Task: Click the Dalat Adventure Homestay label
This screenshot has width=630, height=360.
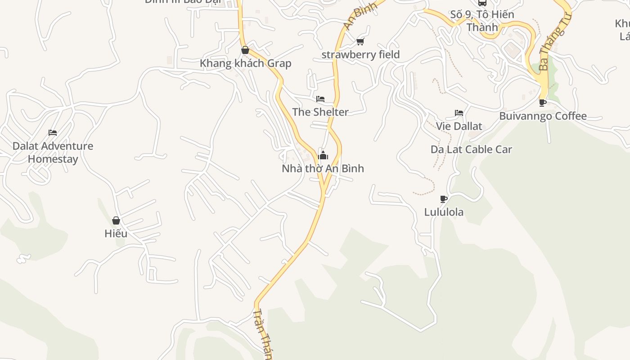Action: click(x=53, y=152)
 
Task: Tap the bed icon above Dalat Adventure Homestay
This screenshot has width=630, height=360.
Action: click(x=53, y=133)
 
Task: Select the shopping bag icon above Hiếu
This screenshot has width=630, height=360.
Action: click(x=116, y=220)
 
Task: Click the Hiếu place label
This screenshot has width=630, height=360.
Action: click(x=116, y=234)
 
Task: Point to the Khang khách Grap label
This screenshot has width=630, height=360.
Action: click(x=245, y=63)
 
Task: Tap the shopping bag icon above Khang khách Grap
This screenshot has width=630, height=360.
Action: click(x=245, y=50)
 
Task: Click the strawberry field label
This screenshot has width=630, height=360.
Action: click(x=360, y=54)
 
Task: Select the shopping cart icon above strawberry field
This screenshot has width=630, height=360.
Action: click(x=360, y=41)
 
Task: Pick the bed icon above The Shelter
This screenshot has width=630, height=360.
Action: click(x=320, y=99)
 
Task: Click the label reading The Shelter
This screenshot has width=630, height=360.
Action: click(x=320, y=112)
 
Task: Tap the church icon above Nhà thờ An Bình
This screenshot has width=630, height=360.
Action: click(x=323, y=156)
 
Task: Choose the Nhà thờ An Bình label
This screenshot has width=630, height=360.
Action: click(x=323, y=168)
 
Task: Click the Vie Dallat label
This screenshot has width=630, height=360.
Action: click(x=459, y=126)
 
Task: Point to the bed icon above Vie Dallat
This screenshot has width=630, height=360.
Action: click(x=459, y=112)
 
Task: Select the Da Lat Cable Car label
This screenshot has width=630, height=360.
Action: click(x=471, y=149)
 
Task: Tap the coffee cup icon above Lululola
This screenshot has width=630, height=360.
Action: click(x=444, y=199)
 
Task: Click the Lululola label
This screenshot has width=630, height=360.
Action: click(x=444, y=211)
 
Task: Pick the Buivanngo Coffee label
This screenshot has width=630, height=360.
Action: click(x=543, y=116)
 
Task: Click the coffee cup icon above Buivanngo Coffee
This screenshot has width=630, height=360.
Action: click(x=543, y=103)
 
